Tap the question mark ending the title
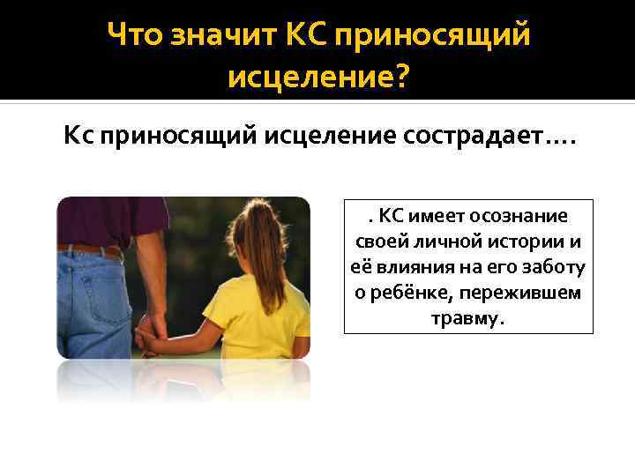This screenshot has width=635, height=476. click(x=400, y=80)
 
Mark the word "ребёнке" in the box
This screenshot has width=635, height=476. click(x=410, y=293)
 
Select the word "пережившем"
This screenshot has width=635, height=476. click(x=521, y=293)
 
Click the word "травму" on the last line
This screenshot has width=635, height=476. click(x=465, y=318)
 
